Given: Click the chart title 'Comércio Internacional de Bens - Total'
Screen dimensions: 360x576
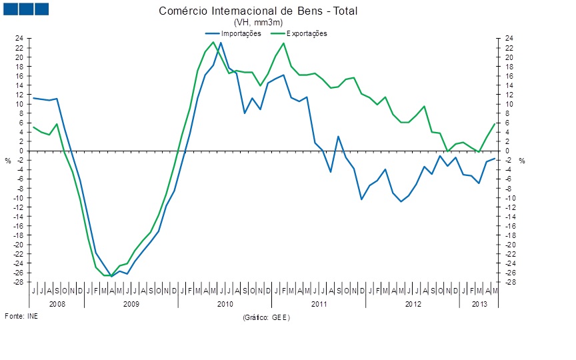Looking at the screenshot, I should (263, 12).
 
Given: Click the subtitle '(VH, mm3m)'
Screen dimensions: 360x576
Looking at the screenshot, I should (263, 23).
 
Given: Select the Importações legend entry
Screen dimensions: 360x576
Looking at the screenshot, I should (233, 33).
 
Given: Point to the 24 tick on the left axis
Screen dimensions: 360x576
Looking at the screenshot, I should (20, 38).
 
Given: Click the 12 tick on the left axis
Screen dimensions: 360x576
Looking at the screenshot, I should (20, 95).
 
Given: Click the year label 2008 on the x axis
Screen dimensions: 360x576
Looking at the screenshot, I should (57, 303).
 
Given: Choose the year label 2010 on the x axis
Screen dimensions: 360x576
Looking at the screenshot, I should (225, 303).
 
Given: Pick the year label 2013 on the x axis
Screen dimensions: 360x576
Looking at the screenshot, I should (479, 303).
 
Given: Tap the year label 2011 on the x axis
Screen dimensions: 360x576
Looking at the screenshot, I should (319, 303).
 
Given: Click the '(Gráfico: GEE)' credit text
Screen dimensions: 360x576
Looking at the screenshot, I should (267, 317).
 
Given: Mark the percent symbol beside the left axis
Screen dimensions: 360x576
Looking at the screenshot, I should (8, 161).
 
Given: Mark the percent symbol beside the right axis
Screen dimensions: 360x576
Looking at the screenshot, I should (523, 161).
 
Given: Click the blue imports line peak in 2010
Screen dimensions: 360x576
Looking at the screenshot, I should (221, 43).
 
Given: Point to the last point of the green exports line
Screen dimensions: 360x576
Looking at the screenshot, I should (495, 124).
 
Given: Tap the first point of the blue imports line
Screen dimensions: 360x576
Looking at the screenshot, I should (33, 98).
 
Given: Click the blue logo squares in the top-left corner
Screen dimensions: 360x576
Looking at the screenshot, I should (26, 9).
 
